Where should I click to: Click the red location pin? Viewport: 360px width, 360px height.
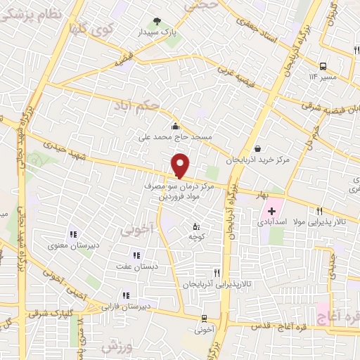click(181, 165)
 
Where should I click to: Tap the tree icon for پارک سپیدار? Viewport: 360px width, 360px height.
click(157, 22)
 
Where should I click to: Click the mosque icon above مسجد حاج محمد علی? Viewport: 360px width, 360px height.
click(174, 126)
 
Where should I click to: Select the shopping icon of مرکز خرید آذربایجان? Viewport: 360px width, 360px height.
click(258, 148)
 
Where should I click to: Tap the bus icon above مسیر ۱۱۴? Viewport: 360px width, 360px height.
click(322, 65)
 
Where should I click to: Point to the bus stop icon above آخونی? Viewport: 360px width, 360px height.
click(203, 318)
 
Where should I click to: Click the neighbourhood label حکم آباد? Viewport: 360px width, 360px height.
click(136, 105)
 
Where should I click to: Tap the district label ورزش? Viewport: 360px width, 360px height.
click(117, 347)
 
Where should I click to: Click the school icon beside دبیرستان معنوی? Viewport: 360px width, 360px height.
click(72, 234)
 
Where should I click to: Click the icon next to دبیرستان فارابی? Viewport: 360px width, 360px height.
click(126, 296)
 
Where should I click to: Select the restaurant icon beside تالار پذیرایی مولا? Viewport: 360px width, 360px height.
click(320, 210)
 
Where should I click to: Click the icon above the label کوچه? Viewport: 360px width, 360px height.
click(196, 226)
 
